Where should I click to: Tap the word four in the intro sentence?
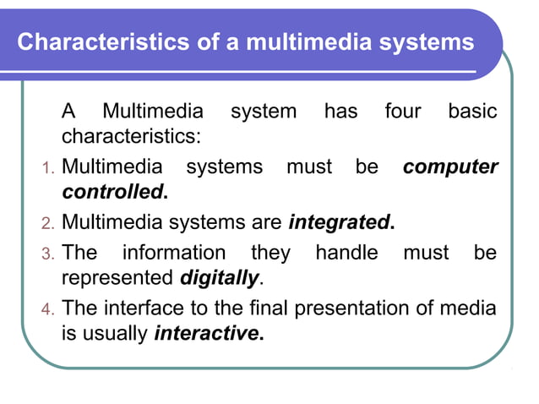click(402, 112)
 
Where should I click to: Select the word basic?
click(472, 112)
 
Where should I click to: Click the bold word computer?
click(450, 167)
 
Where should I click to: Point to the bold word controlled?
click(113, 192)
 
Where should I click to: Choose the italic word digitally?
click(219, 277)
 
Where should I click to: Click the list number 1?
click(47, 168)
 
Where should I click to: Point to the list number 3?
click(47, 254)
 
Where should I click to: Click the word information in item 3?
click(174, 253)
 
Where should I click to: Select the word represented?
click(117, 277)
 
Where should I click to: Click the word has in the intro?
click(340, 112)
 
